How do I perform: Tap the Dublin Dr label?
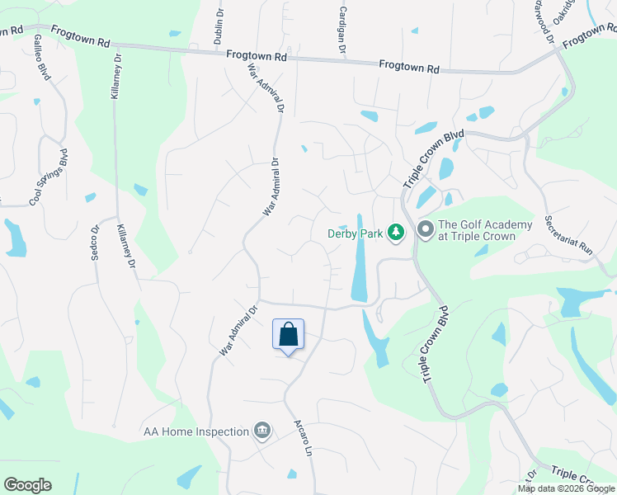[219, 25]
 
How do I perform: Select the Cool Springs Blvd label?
[49, 177]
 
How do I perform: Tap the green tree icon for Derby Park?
[396, 233]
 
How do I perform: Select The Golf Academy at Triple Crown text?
[477, 230]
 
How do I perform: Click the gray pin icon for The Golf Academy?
[426, 229]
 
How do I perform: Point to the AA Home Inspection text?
[195, 431]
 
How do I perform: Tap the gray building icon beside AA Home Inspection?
[262, 431]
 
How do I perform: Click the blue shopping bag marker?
[288, 335]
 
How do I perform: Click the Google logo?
[27, 485]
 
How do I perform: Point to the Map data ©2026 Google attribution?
[566, 488]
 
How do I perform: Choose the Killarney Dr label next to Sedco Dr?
[126, 247]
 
